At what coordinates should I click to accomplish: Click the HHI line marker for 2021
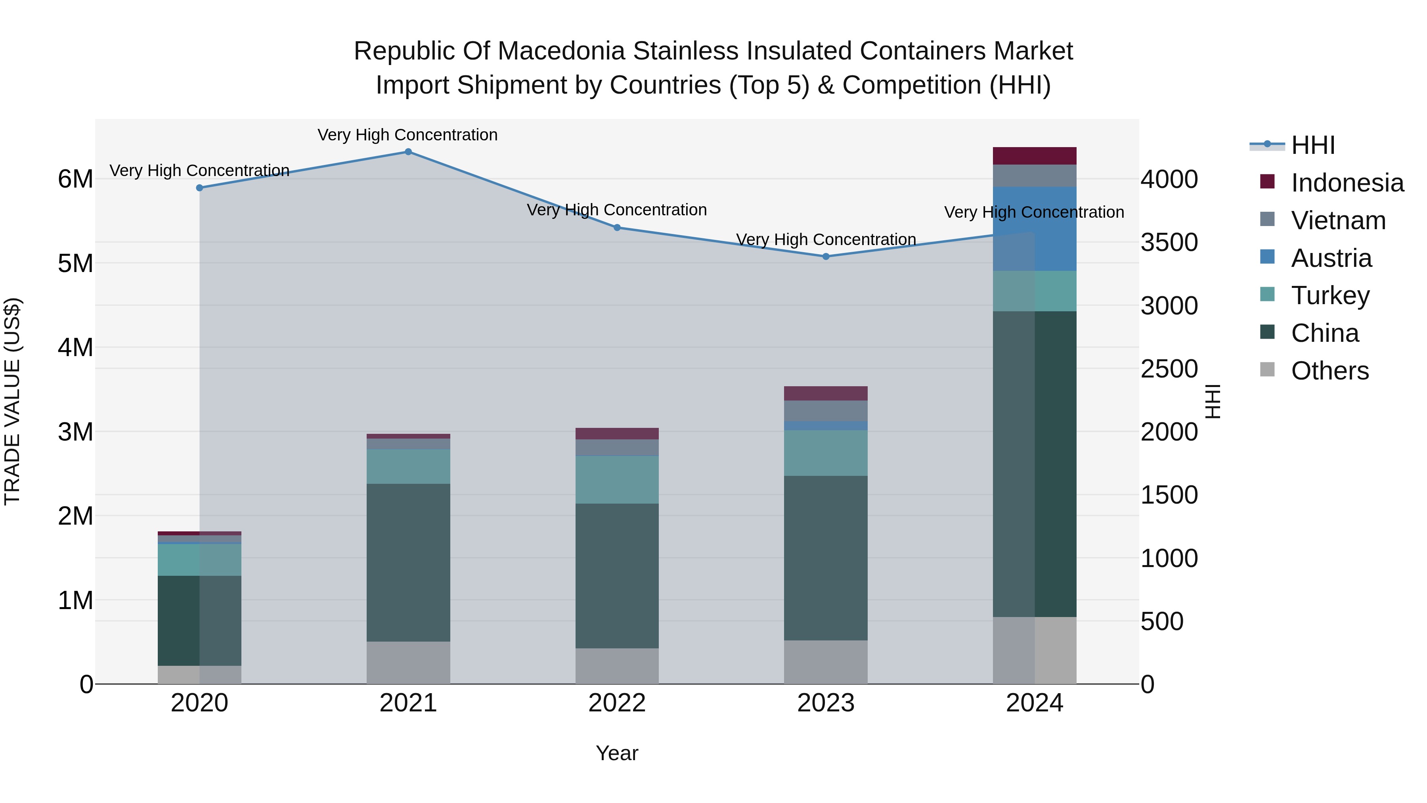408,152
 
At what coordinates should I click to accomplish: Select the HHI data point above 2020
199,188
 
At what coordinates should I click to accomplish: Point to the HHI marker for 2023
826,257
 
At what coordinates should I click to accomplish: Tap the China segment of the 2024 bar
1034,464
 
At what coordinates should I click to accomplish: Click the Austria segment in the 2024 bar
1034,229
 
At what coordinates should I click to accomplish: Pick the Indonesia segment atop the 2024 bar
1034,156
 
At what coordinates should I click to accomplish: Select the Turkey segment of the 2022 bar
617,479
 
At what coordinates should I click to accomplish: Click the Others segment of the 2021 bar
408,663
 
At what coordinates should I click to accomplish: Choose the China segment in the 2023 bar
826,558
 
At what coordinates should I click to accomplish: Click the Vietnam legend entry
1338,220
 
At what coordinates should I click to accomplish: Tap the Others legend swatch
1267,370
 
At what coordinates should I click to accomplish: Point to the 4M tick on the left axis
76,348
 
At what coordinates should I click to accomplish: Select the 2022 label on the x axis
617,703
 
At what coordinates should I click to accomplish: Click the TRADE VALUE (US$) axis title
12,401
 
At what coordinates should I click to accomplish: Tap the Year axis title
617,753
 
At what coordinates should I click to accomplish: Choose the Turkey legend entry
1330,295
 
